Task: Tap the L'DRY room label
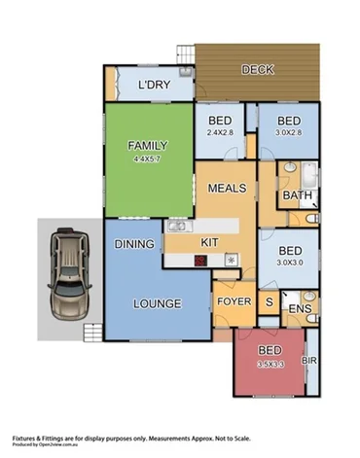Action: point(154,86)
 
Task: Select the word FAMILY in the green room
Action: point(149,146)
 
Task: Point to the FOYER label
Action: point(234,302)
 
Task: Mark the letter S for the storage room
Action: point(270,302)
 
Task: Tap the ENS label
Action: point(301,310)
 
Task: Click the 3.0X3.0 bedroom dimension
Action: point(290,262)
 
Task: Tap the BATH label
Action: point(296,196)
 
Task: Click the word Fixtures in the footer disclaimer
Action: point(26,437)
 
